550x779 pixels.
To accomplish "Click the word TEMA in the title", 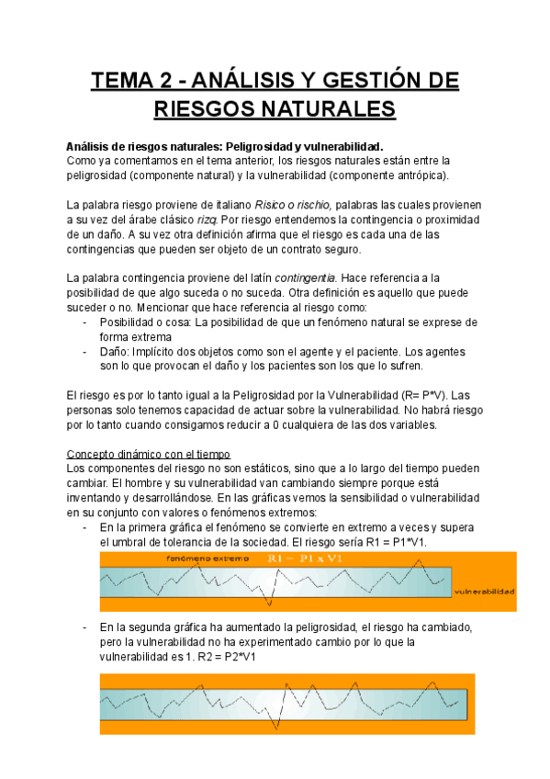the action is click(123, 83).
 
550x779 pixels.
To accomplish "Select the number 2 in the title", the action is click(172, 83).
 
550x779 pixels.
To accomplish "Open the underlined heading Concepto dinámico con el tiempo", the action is click(149, 454).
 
